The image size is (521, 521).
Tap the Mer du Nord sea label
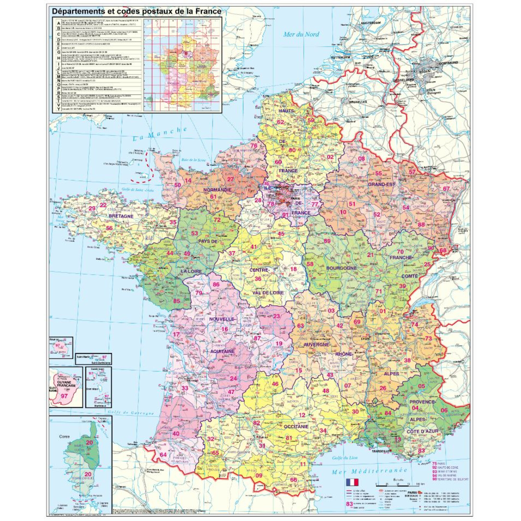coord(301,34)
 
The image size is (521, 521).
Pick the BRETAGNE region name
coord(121,216)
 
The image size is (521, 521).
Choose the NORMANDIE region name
coord(218,190)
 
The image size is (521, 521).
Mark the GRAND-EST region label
coord(382,184)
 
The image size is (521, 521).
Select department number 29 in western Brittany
coord(92,208)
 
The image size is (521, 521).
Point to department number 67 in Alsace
coord(446,189)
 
